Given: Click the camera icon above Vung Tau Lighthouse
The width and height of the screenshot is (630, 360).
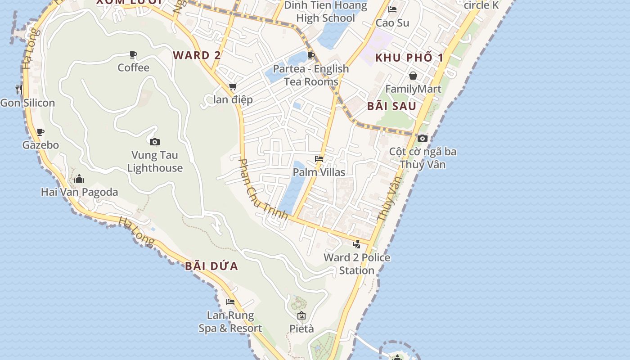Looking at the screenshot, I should coord(155,142).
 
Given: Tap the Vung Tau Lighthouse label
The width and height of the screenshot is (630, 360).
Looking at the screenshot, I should coord(155,162).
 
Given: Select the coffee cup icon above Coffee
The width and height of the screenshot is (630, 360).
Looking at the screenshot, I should coord(133,55).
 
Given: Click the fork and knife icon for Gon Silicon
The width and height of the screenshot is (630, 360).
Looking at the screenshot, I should coord(19,89).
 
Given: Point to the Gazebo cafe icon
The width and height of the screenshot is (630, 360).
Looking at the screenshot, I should coord(40,132).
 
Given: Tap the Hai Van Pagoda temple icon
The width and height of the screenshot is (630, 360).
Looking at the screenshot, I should coord(79,179).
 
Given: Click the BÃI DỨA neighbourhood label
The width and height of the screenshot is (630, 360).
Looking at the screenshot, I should coord(211,266).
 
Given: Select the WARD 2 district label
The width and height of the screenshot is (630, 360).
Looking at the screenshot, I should coord(197,55).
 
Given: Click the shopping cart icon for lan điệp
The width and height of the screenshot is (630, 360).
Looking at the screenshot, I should coord(233,86).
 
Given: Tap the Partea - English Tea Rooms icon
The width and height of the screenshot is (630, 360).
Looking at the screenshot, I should coord(310,55).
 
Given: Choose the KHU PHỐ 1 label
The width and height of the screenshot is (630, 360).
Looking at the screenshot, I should coord(409,58).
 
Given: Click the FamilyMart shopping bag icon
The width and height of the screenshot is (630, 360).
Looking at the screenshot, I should coord(413,76).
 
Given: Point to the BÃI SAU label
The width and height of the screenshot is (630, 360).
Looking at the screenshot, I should coord(391,106).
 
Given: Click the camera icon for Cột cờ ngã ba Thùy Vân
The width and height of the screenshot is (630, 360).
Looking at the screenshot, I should coord(422,138).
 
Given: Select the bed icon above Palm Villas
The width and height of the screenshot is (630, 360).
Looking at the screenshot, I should coord(319,159).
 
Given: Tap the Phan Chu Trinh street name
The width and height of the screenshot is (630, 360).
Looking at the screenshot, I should coord(263,189).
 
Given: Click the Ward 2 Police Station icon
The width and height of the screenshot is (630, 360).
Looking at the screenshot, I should coord(357,244).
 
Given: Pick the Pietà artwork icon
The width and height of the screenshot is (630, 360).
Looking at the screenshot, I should coord(301,315).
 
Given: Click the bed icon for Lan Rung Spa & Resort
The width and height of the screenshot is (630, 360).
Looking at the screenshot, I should coord(230,301).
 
